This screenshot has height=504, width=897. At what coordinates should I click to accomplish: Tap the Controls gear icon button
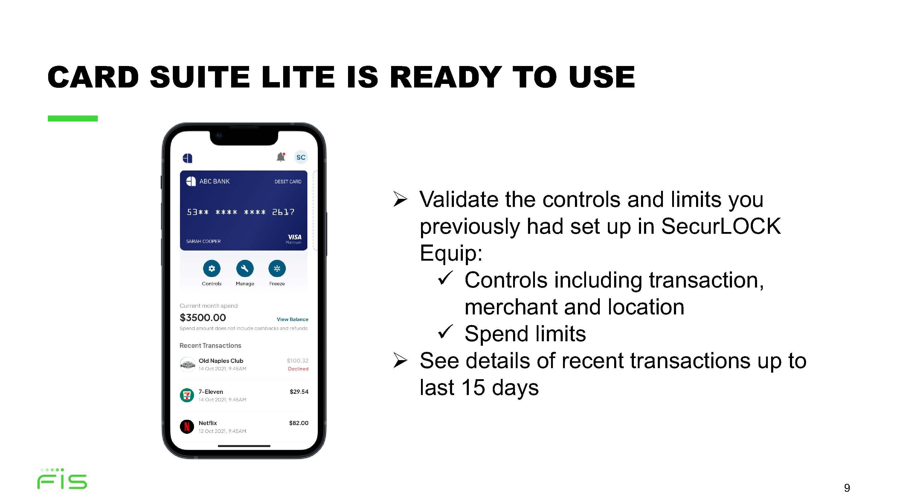pos(211,268)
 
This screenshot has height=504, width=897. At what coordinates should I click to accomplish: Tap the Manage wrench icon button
pos(245,268)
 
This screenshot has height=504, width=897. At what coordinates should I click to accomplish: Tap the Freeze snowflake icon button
pos(277,268)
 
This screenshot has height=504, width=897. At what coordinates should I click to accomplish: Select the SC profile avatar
pos(301,157)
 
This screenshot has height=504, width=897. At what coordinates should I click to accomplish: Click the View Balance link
pos(292,319)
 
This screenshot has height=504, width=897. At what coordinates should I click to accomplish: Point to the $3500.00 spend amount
pos(203,318)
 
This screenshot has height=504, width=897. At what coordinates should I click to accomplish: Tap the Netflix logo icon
pos(187,426)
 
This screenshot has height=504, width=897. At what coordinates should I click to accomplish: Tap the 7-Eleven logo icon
pos(187,395)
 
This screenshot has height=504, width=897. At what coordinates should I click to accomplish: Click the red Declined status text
pos(298,369)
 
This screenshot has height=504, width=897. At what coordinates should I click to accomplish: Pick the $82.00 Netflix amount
pos(299,423)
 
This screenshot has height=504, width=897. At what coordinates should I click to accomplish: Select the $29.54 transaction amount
pos(299,392)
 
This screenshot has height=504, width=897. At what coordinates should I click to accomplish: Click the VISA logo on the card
pos(294,237)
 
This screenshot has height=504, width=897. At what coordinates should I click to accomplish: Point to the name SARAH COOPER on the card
pos(203,241)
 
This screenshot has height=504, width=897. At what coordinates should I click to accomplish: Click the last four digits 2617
pos(283,212)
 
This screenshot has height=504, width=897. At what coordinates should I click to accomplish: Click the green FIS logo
pos(62,479)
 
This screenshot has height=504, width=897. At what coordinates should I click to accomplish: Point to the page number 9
pos(847,488)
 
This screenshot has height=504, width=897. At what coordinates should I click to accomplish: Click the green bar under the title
pos(73,119)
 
